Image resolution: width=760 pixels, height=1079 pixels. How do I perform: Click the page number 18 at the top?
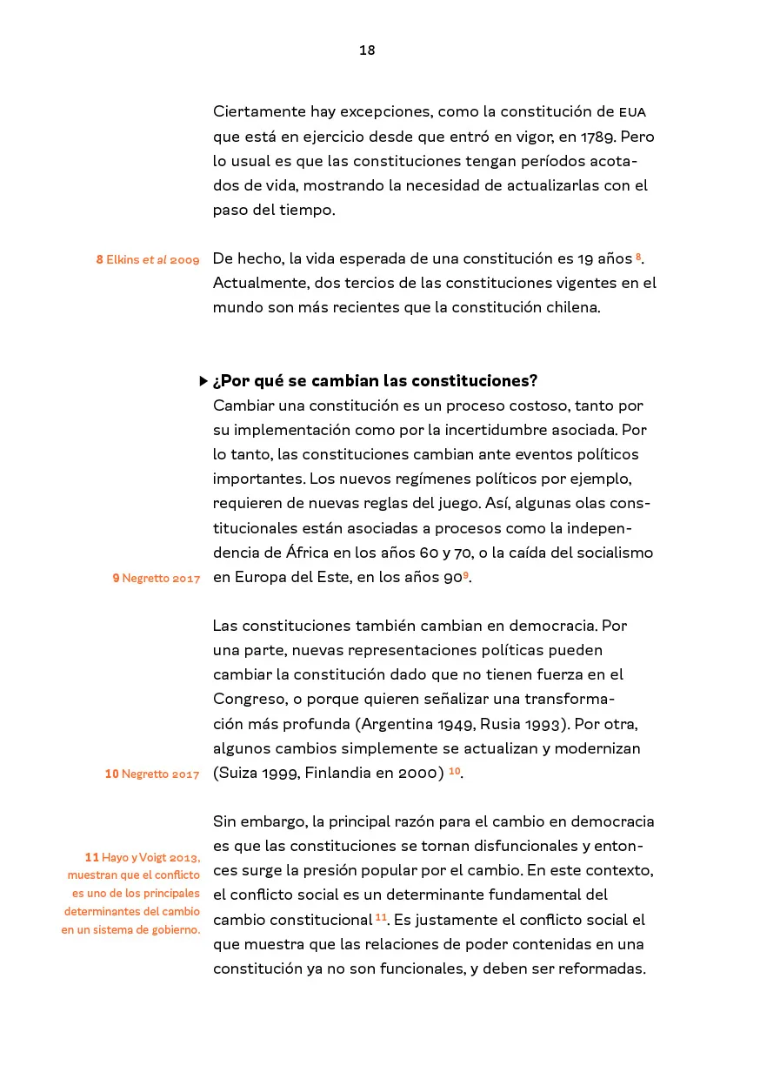pyautogui.click(x=367, y=50)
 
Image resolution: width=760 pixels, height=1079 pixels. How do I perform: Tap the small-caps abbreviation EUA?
pyautogui.click(x=632, y=112)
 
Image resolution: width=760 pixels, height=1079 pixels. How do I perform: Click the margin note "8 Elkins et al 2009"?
pyautogui.click(x=148, y=260)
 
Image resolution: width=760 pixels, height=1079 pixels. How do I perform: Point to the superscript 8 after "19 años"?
pyautogui.click(x=638, y=256)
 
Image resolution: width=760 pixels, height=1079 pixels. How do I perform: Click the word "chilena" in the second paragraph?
pyautogui.click(x=570, y=307)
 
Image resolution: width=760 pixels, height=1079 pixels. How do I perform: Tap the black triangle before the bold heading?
pyautogui.click(x=203, y=381)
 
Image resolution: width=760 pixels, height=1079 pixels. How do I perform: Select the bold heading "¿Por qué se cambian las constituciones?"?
pyautogui.click(x=375, y=381)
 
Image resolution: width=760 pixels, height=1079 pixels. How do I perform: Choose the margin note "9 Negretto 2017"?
pyautogui.click(x=157, y=579)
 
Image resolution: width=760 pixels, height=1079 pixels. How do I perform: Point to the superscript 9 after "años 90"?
pyautogui.click(x=466, y=574)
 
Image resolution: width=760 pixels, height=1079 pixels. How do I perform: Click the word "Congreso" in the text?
pyautogui.click(x=247, y=699)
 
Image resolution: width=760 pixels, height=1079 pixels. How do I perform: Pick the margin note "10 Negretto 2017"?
pyautogui.click(x=152, y=774)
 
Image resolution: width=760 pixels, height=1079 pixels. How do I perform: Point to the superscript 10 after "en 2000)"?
pyautogui.click(x=454, y=770)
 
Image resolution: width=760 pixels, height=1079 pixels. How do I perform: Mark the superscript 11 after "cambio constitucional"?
pyautogui.click(x=381, y=917)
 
